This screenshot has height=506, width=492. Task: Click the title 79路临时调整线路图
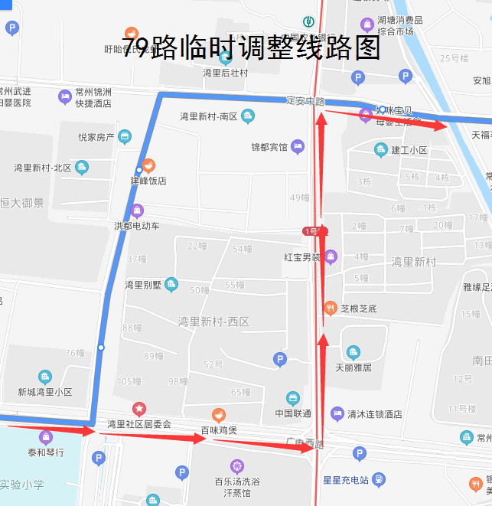pyautogui.click(x=251, y=47)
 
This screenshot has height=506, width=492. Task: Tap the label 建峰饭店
pyautogui.click(x=148, y=181)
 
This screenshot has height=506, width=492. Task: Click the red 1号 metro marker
pyautogui.click(x=314, y=230)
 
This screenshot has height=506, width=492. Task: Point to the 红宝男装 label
pyautogui.click(x=301, y=257)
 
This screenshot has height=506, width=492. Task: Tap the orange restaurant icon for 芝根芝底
pyautogui.click(x=330, y=308)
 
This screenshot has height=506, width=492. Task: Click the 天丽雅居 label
pyautogui.click(x=353, y=367)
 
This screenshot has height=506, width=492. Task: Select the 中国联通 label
pyautogui.click(x=292, y=413)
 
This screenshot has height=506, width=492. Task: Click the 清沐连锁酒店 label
pyautogui.click(x=374, y=414)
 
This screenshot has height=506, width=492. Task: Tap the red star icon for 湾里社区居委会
pyautogui.click(x=138, y=410)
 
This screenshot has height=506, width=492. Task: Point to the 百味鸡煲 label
pyautogui.click(x=219, y=431)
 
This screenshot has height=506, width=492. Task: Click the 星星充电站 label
pyautogui.click(x=346, y=481)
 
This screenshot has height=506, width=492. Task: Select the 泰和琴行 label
pyautogui.click(x=46, y=452)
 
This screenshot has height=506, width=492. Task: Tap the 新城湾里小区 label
pyautogui.click(x=45, y=392)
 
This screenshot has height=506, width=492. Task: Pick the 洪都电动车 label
pyautogui.click(x=137, y=226)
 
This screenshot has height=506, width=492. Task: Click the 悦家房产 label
pyautogui.click(x=96, y=138)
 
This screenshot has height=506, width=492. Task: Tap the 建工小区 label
pyautogui.click(x=409, y=150)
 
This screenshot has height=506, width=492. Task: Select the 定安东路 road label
pyautogui.click(x=305, y=100)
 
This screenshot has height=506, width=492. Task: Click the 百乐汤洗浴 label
pyautogui.click(x=237, y=482)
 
